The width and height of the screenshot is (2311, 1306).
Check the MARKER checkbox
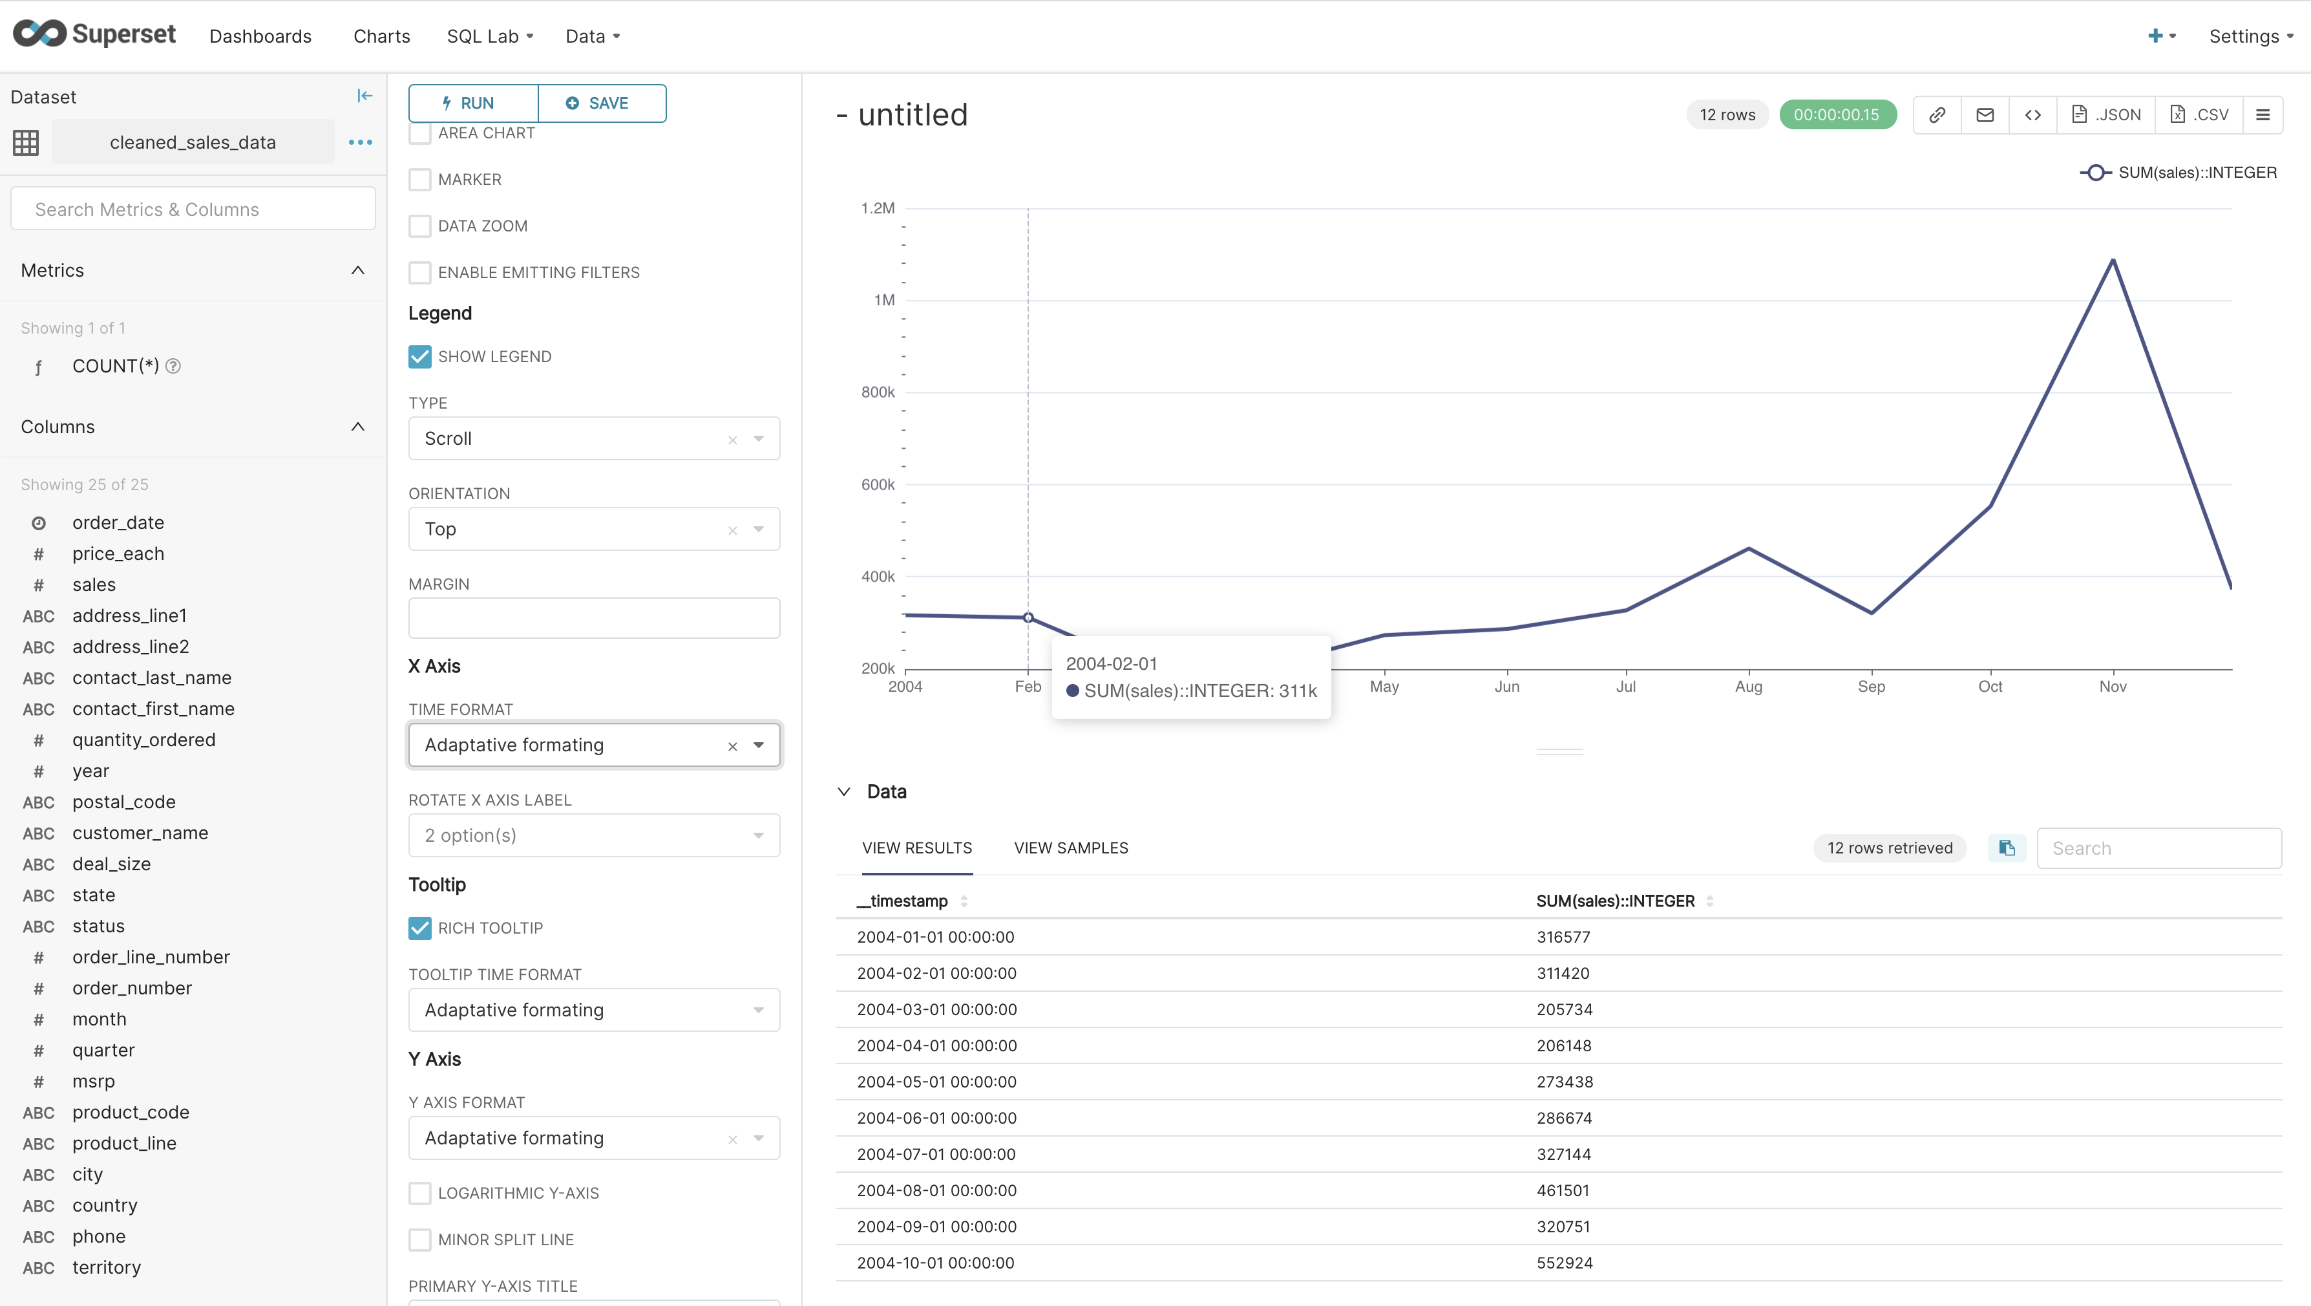click(x=419, y=180)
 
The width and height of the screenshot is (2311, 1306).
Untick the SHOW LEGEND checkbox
click(x=419, y=356)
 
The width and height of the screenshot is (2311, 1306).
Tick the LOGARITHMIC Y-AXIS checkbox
click(x=419, y=1193)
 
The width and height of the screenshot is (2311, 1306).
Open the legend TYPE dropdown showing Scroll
click(x=593, y=439)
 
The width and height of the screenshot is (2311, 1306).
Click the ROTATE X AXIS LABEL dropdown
click(x=593, y=836)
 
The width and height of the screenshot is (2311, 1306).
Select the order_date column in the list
click(x=118, y=522)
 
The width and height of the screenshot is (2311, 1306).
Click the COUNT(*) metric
click(x=116, y=366)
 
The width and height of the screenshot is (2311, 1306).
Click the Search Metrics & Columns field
click(x=193, y=209)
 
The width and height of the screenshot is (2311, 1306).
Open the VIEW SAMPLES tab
click(x=1070, y=848)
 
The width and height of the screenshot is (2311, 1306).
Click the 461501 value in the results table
click(x=1562, y=1190)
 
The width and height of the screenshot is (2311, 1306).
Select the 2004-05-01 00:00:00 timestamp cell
click(x=936, y=1082)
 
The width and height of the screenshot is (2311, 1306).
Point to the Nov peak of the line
click(x=2113, y=261)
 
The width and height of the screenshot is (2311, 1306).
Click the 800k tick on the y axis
click(x=878, y=392)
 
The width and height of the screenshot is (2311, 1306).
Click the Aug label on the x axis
click(x=1747, y=687)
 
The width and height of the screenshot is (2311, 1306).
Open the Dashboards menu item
click(x=260, y=36)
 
